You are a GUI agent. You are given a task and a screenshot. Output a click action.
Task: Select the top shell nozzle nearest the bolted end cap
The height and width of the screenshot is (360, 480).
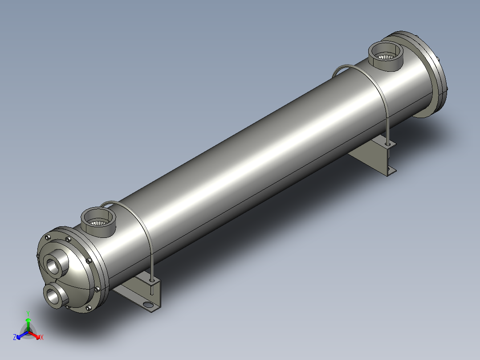point(98,221)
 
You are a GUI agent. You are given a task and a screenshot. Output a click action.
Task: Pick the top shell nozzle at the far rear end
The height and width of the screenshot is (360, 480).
point(386,56)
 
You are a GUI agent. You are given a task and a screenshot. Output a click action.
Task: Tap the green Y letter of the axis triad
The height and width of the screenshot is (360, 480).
point(28,313)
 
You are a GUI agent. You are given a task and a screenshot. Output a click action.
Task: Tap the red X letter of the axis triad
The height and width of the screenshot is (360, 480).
point(42,337)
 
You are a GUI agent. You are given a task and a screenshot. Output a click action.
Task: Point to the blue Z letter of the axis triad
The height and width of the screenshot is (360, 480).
point(15,337)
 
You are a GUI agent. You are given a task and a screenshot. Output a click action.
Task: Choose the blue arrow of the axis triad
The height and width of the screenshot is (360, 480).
point(22,335)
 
